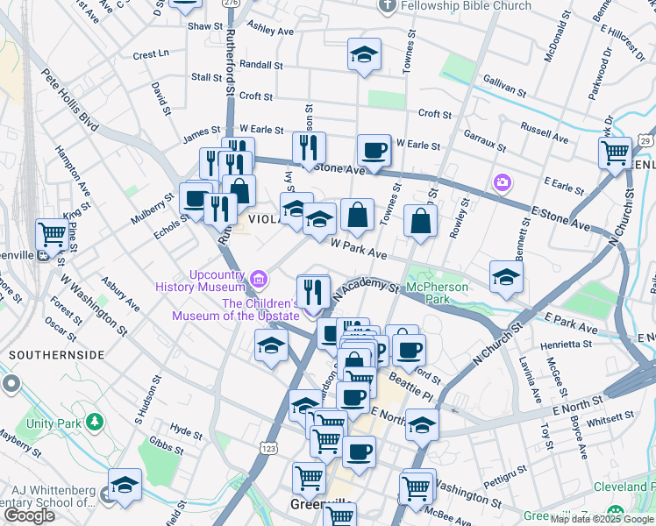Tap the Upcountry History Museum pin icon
coord(259,278)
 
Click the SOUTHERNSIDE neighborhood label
coord(56,355)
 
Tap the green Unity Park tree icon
coord(94,423)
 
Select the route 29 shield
coord(645,139)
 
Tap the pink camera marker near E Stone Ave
coord(502,182)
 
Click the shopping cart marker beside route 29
coord(615,152)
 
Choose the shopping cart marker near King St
coord(52,234)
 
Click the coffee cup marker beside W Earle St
coord(374,150)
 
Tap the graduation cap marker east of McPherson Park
coord(506,277)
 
